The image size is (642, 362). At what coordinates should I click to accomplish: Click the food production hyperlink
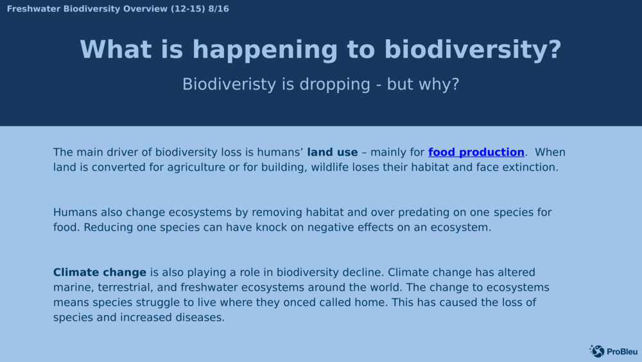[476, 152]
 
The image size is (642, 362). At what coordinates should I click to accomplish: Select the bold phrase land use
[332, 152]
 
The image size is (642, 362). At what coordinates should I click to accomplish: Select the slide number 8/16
[218, 9]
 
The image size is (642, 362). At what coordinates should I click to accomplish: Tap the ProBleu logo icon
[597, 351]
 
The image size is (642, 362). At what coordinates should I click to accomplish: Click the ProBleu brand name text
[621, 351]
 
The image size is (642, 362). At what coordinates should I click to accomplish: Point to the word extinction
[531, 167]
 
